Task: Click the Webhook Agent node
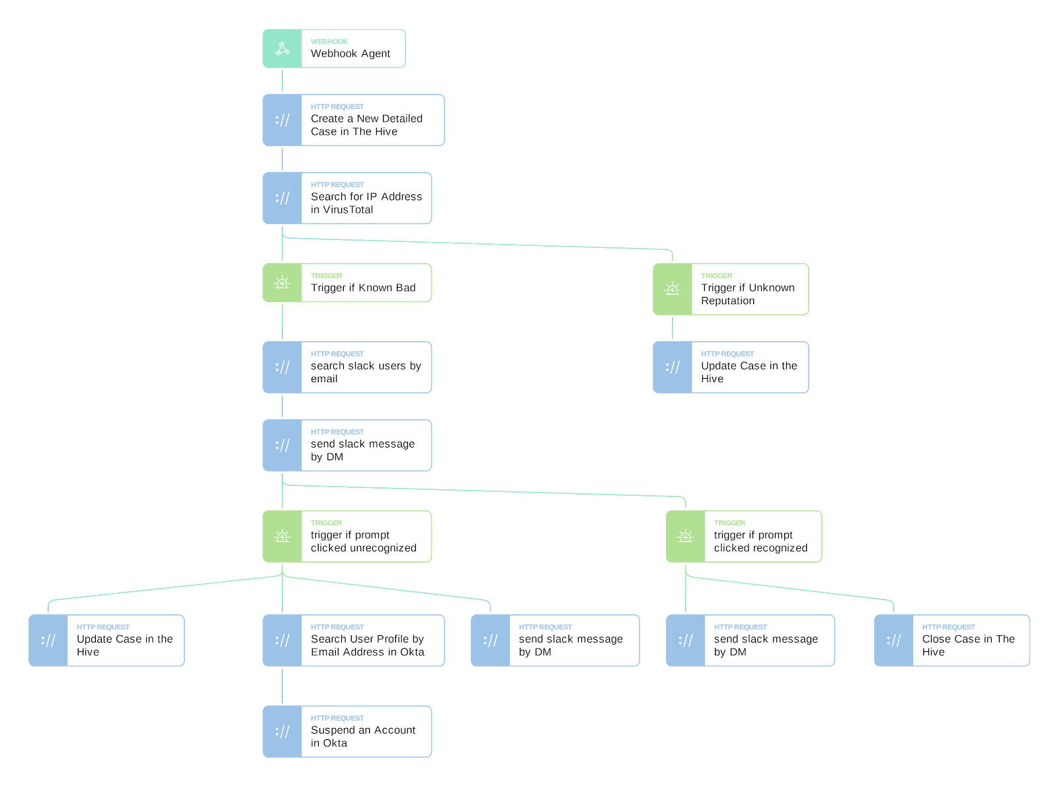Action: click(333, 48)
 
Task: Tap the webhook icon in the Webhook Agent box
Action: click(282, 48)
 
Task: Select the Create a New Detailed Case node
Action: click(353, 120)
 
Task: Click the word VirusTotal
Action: click(342, 210)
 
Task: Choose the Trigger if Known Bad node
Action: click(346, 282)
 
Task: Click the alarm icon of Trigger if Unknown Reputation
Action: click(672, 289)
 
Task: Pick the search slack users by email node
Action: click(346, 367)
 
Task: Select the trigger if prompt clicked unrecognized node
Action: click(346, 536)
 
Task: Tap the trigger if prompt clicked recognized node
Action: click(744, 536)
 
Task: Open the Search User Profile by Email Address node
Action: click(353, 641)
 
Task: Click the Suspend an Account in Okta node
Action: click(346, 731)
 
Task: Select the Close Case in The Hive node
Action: click(952, 641)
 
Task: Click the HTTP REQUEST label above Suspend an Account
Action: click(337, 718)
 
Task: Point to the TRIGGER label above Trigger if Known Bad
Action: click(326, 276)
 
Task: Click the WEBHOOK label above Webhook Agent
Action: click(329, 42)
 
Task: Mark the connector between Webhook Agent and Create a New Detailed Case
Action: click(282, 81)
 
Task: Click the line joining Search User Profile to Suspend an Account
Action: click(282, 686)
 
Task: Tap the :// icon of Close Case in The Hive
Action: click(893, 641)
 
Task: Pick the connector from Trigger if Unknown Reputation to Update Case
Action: click(672, 328)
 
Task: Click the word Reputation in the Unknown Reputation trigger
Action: click(728, 301)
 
